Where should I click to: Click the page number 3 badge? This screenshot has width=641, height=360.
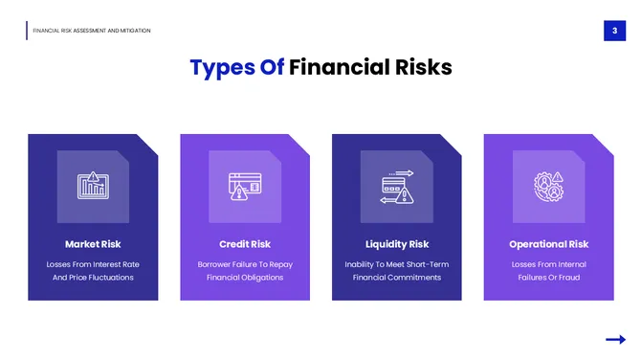tap(613, 32)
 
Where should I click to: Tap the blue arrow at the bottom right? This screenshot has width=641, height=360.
tap(615, 339)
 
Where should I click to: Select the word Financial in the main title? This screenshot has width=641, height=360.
tap(337, 67)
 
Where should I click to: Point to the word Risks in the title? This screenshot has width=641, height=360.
tap(421, 67)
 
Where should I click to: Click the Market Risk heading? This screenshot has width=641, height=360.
tap(93, 244)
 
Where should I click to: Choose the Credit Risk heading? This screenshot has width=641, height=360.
tap(245, 244)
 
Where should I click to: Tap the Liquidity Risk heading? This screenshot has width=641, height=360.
tap(397, 244)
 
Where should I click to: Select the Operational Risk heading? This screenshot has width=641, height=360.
tap(548, 244)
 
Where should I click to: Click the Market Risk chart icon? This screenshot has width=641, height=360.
tap(93, 185)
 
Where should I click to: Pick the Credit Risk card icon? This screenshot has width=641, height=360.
tap(245, 185)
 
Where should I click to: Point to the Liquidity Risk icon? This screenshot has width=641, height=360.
tap(397, 185)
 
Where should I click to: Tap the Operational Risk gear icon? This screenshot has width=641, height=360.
tap(548, 185)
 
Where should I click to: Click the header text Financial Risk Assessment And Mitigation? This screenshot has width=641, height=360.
tap(92, 31)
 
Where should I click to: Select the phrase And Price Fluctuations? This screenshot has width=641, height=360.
tap(93, 278)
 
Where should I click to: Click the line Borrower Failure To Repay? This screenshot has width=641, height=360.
tap(245, 264)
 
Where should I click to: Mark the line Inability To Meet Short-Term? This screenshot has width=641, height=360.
tap(397, 264)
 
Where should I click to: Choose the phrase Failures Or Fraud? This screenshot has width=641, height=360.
tap(548, 278)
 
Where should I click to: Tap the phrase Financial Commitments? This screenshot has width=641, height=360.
tap(397, 278)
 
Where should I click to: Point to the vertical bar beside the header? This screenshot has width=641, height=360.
tap(27, 31)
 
